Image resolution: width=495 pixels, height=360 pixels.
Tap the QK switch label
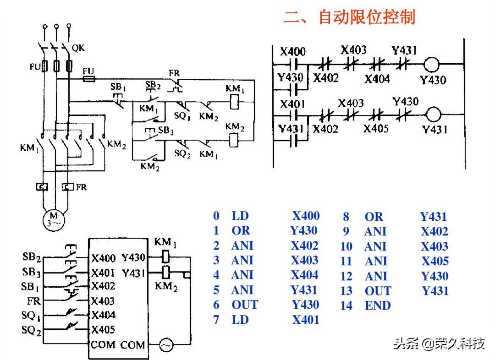pyautogui.click(x=78, y=48)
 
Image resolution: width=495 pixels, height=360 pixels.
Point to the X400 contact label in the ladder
pyautogui.click(x=293, y=51)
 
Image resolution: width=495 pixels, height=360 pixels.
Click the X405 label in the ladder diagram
pyautogui.click(x=376, y=128)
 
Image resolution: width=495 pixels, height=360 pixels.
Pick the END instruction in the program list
pyautogui.click(x=378, y=305)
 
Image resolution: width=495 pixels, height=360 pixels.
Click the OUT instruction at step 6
pyautogui.click(x=245, y=305)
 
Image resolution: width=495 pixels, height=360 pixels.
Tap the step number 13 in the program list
pyautogui.click(x=346, y=291)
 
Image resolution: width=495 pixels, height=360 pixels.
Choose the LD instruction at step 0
pyautogui.click(x=240, y=216)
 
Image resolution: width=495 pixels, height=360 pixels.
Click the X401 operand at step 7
pyautogui.click(x=306, y=320)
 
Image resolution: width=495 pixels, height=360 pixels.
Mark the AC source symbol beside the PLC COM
pyautogui.click(x=166, y=345)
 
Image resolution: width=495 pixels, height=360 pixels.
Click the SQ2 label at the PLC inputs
pyautogui.click(x=31, y=330)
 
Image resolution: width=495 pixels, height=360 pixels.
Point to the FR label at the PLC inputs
pyautogui.click(x=34, y=301)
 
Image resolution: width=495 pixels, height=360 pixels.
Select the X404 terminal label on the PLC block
pyautogui.click(x=103, y=315)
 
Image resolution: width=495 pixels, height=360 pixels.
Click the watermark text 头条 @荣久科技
pyautogui.click(x=439, y=343)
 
